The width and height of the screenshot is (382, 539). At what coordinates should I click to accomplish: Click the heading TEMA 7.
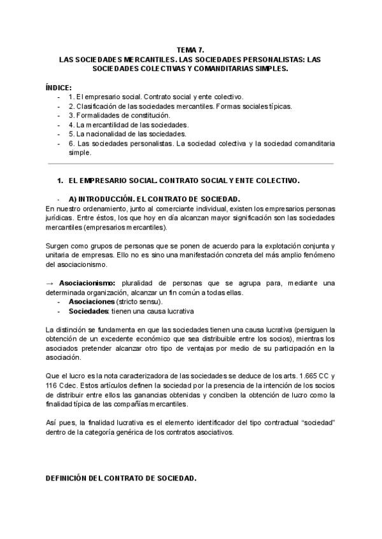(191, 48)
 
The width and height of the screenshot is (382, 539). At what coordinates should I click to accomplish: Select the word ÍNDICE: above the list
(59, 87)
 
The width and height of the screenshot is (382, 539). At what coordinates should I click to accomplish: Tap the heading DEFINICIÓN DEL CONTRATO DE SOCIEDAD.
(121, 477)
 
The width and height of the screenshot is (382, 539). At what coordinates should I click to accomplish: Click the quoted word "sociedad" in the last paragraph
(317, 423)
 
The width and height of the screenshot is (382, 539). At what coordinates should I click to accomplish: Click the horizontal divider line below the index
(191, 163)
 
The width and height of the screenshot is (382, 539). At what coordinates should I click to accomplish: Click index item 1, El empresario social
(155, 97)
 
